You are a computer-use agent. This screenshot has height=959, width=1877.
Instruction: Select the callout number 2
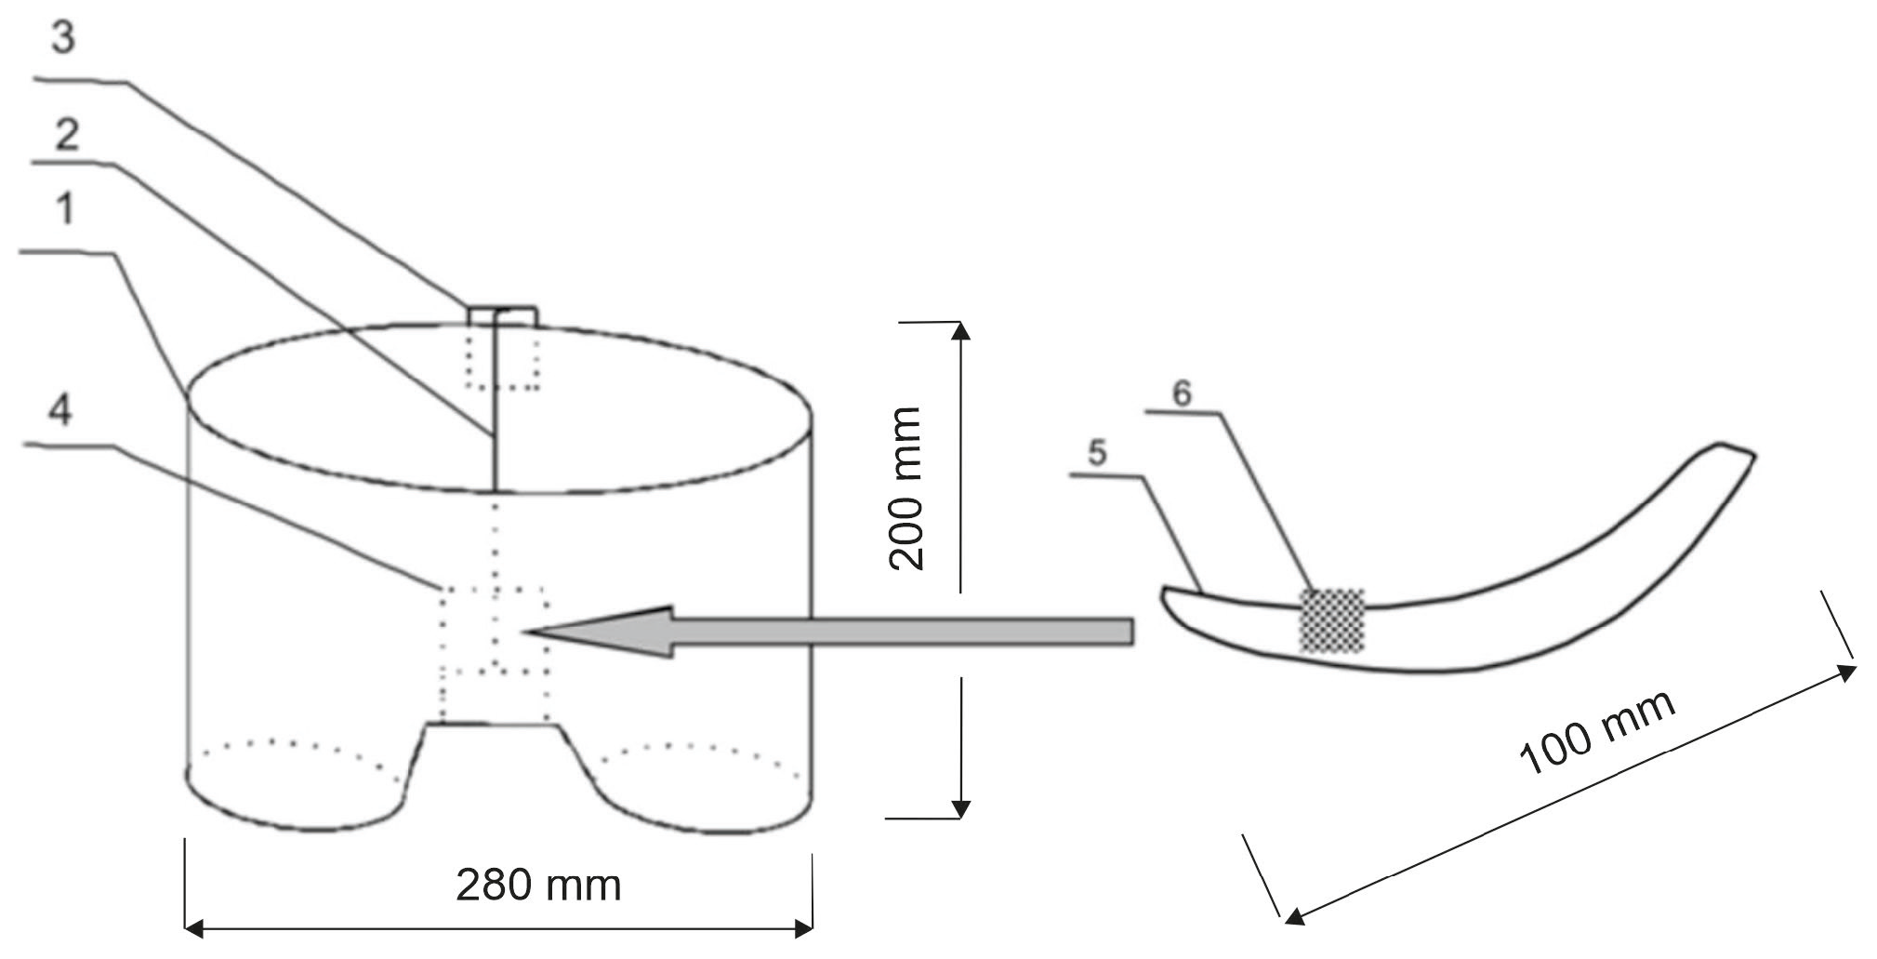pyautogui.click(x=65, y=136)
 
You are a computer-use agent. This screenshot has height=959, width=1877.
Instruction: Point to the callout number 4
pyautogui.click(x=60, y=409)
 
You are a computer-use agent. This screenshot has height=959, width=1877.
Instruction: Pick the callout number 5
pyautogui.click(x=1097, y=454)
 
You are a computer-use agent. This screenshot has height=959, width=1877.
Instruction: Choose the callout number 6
pyautogui.click(x=1181, y=393)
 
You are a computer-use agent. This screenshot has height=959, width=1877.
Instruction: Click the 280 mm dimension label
pyautogui.click(x=538, y=885)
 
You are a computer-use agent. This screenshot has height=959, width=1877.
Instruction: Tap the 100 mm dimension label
pyautogui.click(x=1597, y=733)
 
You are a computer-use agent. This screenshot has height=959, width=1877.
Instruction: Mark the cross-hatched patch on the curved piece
pyautogui.click(x=1332, y=620)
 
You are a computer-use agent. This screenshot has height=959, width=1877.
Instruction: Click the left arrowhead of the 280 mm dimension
pyautogui.click(x=193, y=927)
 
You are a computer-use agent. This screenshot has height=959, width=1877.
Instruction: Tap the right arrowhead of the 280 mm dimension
pyautogui.click(x=805, y=927)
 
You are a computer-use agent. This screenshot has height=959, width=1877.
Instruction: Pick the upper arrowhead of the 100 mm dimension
pyautogui.click(x=1848, y=672)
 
